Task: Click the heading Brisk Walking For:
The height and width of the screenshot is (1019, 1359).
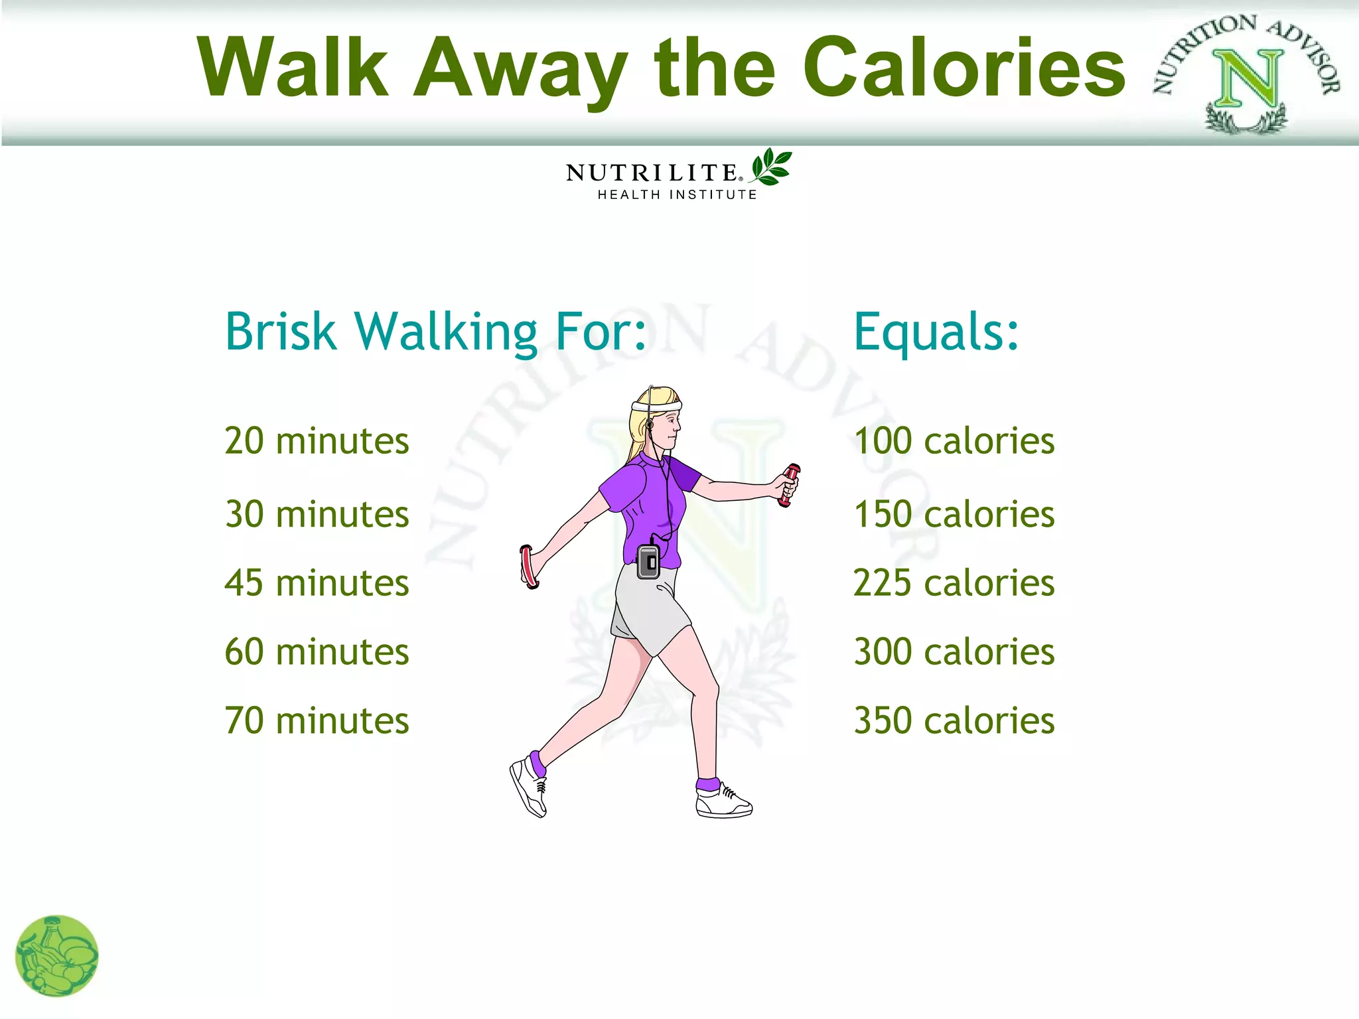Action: [435, 331]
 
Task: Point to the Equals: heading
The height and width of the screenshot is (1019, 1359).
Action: [936, 331]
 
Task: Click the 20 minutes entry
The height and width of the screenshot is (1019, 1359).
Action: [317, 441]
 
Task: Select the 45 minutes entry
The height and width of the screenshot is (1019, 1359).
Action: [317, 583]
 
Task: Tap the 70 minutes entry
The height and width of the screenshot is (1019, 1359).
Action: [317, 720]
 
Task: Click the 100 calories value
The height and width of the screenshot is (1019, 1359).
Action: [954, 441]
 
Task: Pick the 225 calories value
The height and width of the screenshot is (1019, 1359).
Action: [954, 583]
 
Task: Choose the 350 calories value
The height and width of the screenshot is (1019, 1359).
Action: [954, 720]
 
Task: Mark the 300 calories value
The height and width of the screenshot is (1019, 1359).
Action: [954, 651]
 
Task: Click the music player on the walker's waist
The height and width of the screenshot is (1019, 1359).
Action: [648, 561]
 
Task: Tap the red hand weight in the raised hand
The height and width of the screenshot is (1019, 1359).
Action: [790, 485]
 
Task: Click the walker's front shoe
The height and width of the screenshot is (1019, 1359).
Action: [723, 801]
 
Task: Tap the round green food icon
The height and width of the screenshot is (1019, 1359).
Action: [57, 956]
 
